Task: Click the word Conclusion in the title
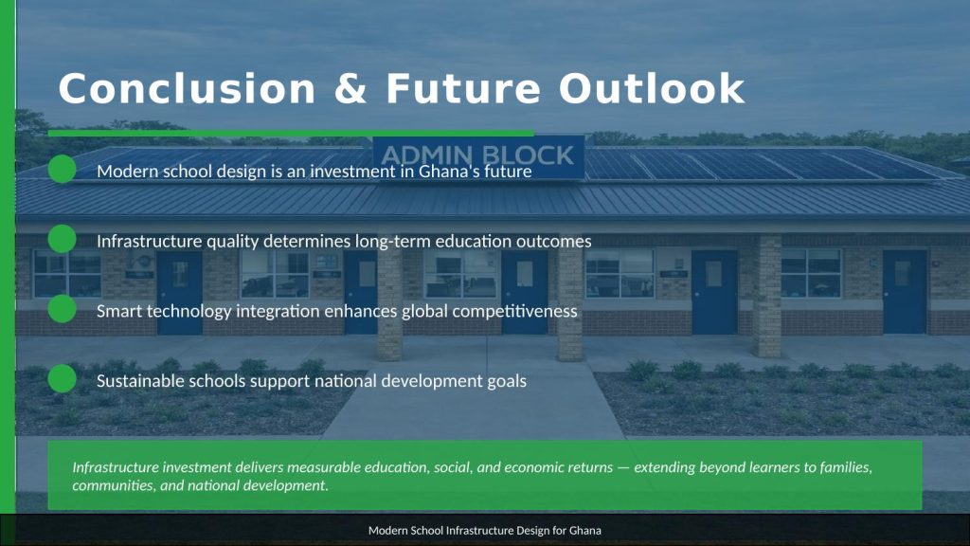pyautogui.click(x=187, y=88)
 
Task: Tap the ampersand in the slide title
pyautogui.click(x=350, y=88)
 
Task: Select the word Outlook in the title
pyautogui.click(x=652, y=88)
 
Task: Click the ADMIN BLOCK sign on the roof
pyautogui.click(x=478, y=155)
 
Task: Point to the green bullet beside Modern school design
pyautogui.click(x=62, y=169)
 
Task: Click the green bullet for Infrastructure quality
pyautogui.click(x=62, y=239)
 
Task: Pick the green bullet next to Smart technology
pyautogui.click(x=62, y=309)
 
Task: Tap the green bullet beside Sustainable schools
pyautogui.click(x=62, y=379)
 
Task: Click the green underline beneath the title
pyautogui.click(x=291, y=133)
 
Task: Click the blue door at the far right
pyautogui.click(x=905, y=291)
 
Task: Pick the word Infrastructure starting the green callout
pyautogui.click(x=116, y=467)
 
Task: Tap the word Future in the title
pyautogui.click(x=463, y=88)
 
